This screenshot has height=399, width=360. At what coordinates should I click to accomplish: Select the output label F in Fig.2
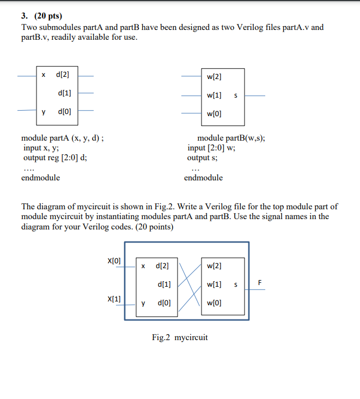(260, 282)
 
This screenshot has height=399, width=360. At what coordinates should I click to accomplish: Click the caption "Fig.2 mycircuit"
(180, 337)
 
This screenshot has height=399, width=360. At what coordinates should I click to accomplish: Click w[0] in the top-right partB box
(214, 114)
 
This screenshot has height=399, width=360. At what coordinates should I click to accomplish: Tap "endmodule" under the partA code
(41, 178)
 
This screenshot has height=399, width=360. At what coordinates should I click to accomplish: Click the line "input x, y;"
(41, 148)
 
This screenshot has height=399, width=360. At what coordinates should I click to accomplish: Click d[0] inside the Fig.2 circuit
(162, 303)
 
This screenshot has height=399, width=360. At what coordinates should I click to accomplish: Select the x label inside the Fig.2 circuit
(143, 267)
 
